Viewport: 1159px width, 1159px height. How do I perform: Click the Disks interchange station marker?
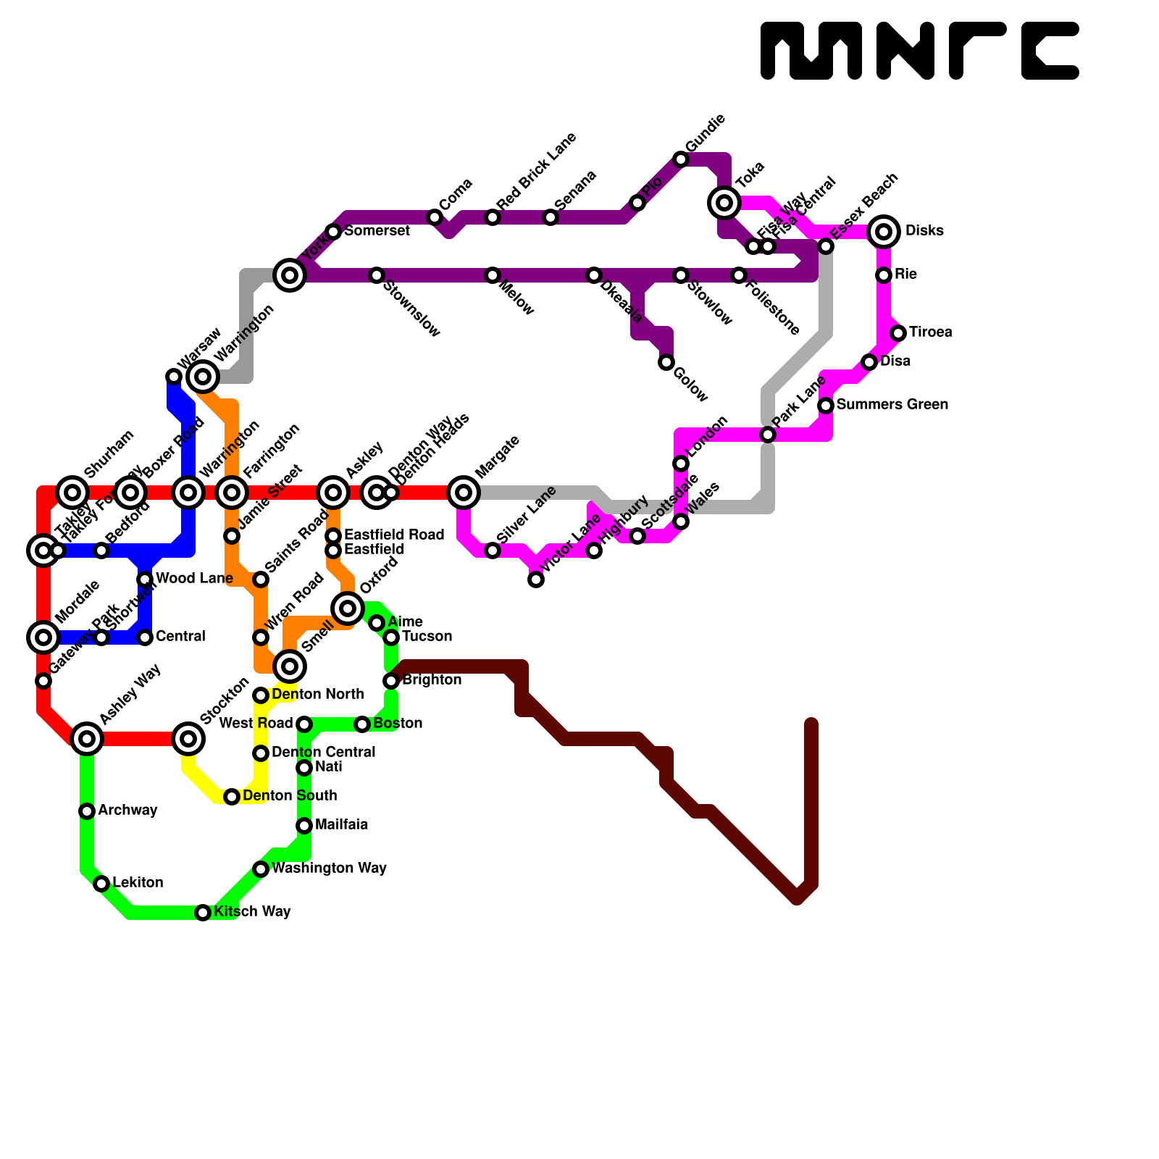(x=884, y=232)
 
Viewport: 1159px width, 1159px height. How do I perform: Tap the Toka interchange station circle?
(x=724, y=203)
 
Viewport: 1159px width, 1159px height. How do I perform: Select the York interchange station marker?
(x=290, y=275)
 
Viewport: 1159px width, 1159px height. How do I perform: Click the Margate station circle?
(x=464, y=493)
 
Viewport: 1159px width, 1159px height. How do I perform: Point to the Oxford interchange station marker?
(x=348, y=608)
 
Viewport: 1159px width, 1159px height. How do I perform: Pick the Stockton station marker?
(x=188, y=739)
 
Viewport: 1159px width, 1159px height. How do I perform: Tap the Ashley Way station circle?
(x=87, y=739)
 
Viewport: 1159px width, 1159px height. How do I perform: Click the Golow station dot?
(x=666, y=362)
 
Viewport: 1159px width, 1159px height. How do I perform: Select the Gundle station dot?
(x=681, y=159)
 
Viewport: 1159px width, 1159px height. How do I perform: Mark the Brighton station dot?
(x=391, y=681)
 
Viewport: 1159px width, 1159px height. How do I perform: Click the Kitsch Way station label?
(x=252, y=911)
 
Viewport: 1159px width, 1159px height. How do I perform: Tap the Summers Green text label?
(x=892, y=404)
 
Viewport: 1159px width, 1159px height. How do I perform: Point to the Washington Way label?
(x=329, y=868)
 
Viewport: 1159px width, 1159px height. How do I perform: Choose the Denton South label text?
(x=290, y=795)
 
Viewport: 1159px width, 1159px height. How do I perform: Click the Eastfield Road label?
(x=394, y=535)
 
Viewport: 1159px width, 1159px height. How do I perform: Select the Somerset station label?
(x=377, y=230)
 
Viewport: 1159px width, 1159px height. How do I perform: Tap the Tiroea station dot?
(x=898, y=333)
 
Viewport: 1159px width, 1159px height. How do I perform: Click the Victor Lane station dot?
(x=536, y=579)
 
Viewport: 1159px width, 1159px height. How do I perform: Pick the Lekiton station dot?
(x=101, y=884)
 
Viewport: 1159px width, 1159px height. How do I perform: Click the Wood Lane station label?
(x=194, y=578)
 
